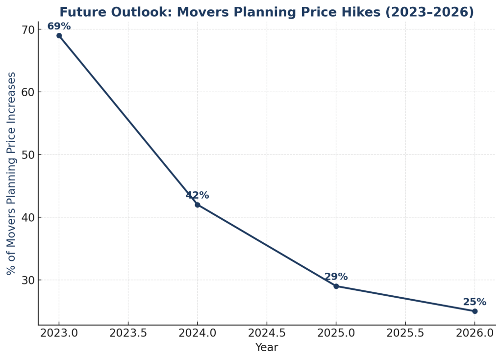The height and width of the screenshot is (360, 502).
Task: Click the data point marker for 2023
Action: (59, 35)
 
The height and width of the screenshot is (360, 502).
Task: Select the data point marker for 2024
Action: (197, 205)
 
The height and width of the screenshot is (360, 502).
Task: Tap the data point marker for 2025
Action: (336, 286)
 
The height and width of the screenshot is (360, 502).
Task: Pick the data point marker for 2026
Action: (475, 311)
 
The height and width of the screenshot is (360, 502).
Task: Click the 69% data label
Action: (59, 26)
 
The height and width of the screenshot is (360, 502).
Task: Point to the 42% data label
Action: (197, 196)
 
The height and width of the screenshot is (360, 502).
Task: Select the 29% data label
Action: (336, 277)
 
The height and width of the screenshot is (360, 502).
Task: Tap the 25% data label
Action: (475, 302)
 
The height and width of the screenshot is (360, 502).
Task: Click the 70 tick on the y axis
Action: (28, 29)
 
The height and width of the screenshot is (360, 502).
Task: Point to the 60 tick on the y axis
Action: (28, 92)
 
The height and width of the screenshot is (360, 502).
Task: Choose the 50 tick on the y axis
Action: (28, 155)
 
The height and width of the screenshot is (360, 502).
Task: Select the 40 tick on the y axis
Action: (28, 217)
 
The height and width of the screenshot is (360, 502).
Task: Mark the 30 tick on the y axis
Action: (28, 280)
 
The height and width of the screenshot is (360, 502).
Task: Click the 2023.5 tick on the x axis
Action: (128, 334)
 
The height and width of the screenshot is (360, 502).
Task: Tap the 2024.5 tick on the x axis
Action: (267, 334)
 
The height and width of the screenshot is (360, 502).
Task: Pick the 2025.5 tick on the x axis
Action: (405, 334)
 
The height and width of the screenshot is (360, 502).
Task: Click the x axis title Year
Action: (267, 348)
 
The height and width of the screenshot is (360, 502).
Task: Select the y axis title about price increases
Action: (12, 173)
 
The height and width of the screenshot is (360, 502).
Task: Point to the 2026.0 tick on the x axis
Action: (475, 334)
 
